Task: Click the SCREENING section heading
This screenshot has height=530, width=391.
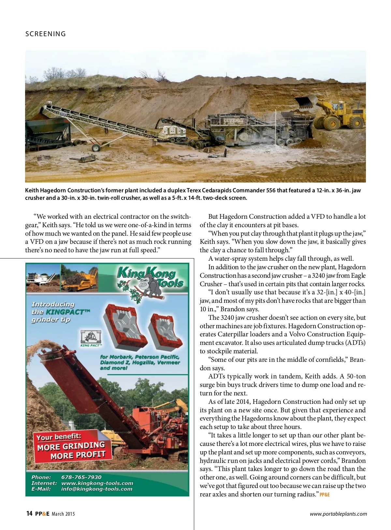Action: click(x=46, y=34)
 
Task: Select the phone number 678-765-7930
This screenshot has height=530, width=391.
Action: click(x=81, y=477)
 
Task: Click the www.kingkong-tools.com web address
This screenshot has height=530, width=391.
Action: click(x=97, y=483)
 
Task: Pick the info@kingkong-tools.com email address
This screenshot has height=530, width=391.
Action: click(x=97, y=489)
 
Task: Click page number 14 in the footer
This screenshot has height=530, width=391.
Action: click(x=29, y=514)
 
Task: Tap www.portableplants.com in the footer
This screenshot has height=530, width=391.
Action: click(x=338, y=514)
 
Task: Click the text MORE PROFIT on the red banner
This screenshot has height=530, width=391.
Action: click(x=78, y=455)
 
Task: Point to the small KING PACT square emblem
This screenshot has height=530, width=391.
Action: click(x=91, y=337)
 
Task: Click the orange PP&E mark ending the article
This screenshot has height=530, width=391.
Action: click(x=325, y=494)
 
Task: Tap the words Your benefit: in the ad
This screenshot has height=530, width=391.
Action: click(x=59, y=437)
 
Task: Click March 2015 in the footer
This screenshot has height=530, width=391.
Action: click(x=63, y=514)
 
